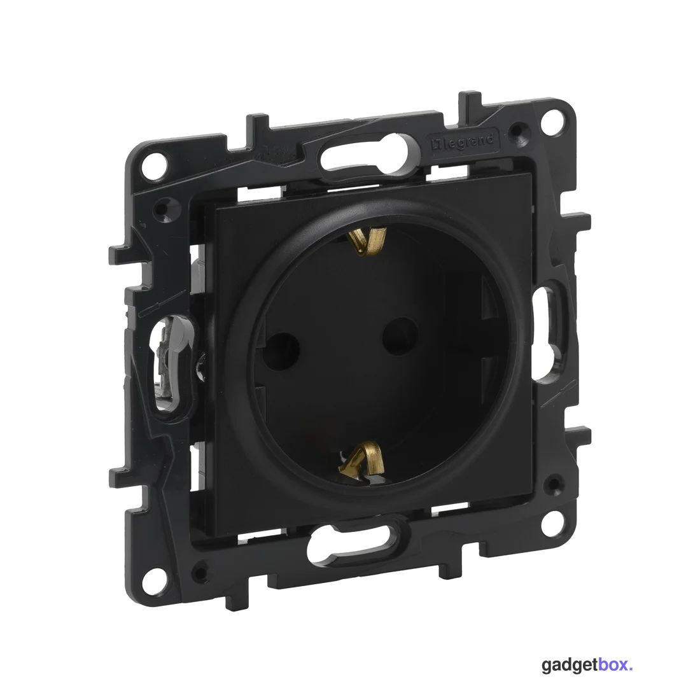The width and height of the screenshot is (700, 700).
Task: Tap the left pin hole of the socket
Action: click(281, 348)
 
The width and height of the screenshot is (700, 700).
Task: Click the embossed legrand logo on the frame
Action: click(462, 143)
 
